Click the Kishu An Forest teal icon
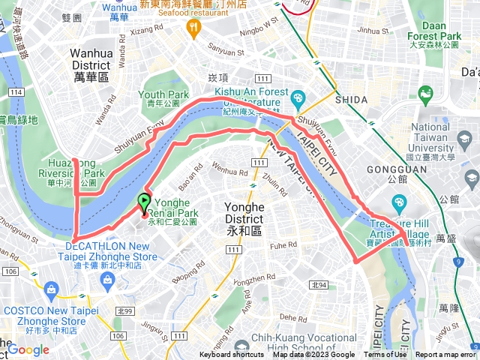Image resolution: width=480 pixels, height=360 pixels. (298, 97)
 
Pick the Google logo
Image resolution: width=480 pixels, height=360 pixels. (28, 349)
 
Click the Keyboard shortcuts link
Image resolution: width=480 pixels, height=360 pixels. (232, 355)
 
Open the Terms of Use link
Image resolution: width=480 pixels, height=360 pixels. (385, 355)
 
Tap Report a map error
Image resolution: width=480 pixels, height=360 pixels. (445, 355)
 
